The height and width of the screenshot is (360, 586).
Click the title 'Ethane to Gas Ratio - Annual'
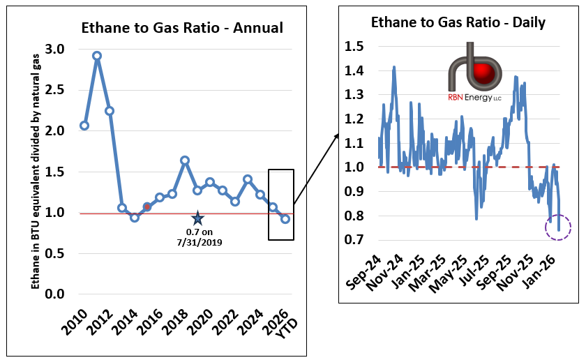(x=182, y=29)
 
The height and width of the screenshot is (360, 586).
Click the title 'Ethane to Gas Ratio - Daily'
(x=458, y=22)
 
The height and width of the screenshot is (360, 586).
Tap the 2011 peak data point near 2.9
(x=97, y=55)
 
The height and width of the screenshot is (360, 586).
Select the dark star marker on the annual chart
(x=197, y=219)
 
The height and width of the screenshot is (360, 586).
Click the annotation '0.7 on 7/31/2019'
(x=197, y=239)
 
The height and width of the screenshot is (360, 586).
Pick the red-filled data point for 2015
(x=146, y=207)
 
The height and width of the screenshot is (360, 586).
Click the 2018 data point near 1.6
(x=185, y=160)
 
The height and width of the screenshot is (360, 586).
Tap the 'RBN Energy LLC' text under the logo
(x=474, y=98)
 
